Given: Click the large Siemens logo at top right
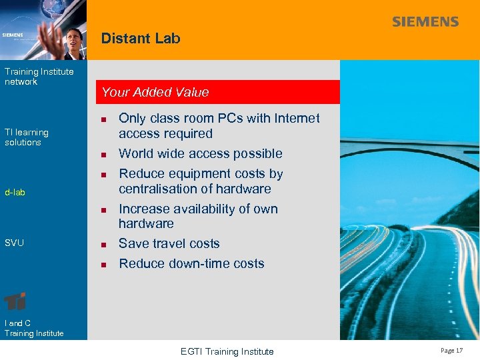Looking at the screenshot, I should pyautogui.click(x=425, y=22).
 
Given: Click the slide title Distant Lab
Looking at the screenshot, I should pyautogui.click(x=141, y=39).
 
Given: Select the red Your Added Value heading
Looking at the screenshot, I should pyautogui.click(x=155, y=93).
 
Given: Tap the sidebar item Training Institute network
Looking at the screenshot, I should pyautogui.click(x=39, y=77).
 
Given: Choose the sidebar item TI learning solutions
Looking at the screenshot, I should pyautogui.click(x=27, y=137).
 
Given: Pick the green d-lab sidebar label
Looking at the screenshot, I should pyautogui.click(x=15, y=193).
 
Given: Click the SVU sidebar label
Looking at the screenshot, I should pyautogui.click(x=14, y=243).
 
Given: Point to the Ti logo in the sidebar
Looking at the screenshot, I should pyautogui.click(x=15, y=301).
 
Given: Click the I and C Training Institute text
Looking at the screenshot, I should pyautogui.click(x=34, y=328).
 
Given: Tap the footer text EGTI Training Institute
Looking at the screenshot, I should pyautogui.click(x=227, y=351).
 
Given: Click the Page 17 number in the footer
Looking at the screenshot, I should pyautogui.click(x=451, y=350).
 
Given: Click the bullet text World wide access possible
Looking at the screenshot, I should pyautogui.click(x=200, y=153).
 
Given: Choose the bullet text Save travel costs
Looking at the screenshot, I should pyautogui.click(x=169, y=243).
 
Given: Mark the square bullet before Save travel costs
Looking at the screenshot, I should pyautogui.click(x=103, y=244).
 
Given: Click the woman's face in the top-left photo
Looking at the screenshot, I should pyautogui.click(x=74, y=36).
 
